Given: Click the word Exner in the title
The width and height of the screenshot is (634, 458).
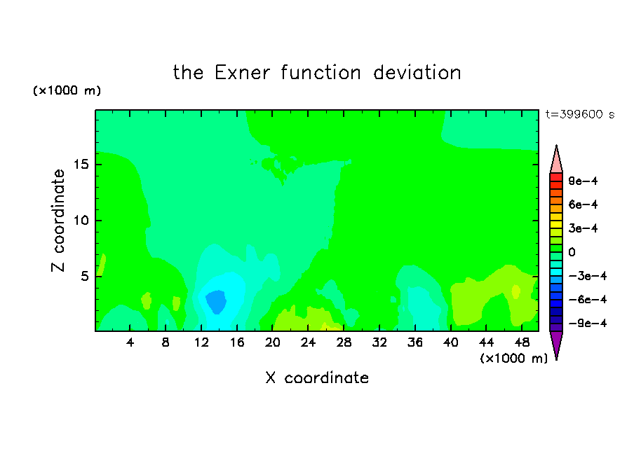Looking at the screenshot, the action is pos(242,73).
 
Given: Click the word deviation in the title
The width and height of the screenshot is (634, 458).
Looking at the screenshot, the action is pos(417,73).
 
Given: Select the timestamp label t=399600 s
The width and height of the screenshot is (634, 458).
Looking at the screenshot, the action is pos(580,114).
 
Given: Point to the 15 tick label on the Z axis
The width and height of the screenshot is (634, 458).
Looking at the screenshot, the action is pos(81,165).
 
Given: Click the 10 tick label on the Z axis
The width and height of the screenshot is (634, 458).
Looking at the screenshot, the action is pos(81,221).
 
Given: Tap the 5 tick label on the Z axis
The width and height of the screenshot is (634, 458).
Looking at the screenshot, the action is pos(85,276).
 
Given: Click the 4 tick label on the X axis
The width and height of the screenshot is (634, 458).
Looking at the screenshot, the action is pos(130,342).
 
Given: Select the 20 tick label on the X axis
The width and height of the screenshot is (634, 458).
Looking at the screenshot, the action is pos(272,342).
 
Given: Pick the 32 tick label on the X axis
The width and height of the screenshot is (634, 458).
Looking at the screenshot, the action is pos(379,342).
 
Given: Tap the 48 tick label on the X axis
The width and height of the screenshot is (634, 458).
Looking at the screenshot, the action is pos(522,342).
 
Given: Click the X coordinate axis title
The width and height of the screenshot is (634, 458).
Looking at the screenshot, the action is pos(317,377).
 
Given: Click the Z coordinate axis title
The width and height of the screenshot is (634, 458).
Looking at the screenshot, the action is pos(58,221).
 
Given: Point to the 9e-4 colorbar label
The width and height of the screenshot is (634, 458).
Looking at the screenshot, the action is pos(583,181).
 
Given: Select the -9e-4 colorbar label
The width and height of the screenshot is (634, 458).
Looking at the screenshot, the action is pos(588,323).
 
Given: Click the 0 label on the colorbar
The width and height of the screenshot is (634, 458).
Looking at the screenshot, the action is pos(572,252).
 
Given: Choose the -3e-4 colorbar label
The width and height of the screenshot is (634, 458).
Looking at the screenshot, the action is pos(588,276).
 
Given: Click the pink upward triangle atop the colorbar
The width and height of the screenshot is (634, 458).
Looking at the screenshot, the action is pos(556,160).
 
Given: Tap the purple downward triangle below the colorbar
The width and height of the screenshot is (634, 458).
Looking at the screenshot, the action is pos(556,343).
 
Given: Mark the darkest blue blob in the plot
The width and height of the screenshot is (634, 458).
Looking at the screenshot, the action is pos(216,302).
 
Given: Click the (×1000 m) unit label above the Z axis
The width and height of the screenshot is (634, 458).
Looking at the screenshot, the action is pos(67,90).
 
